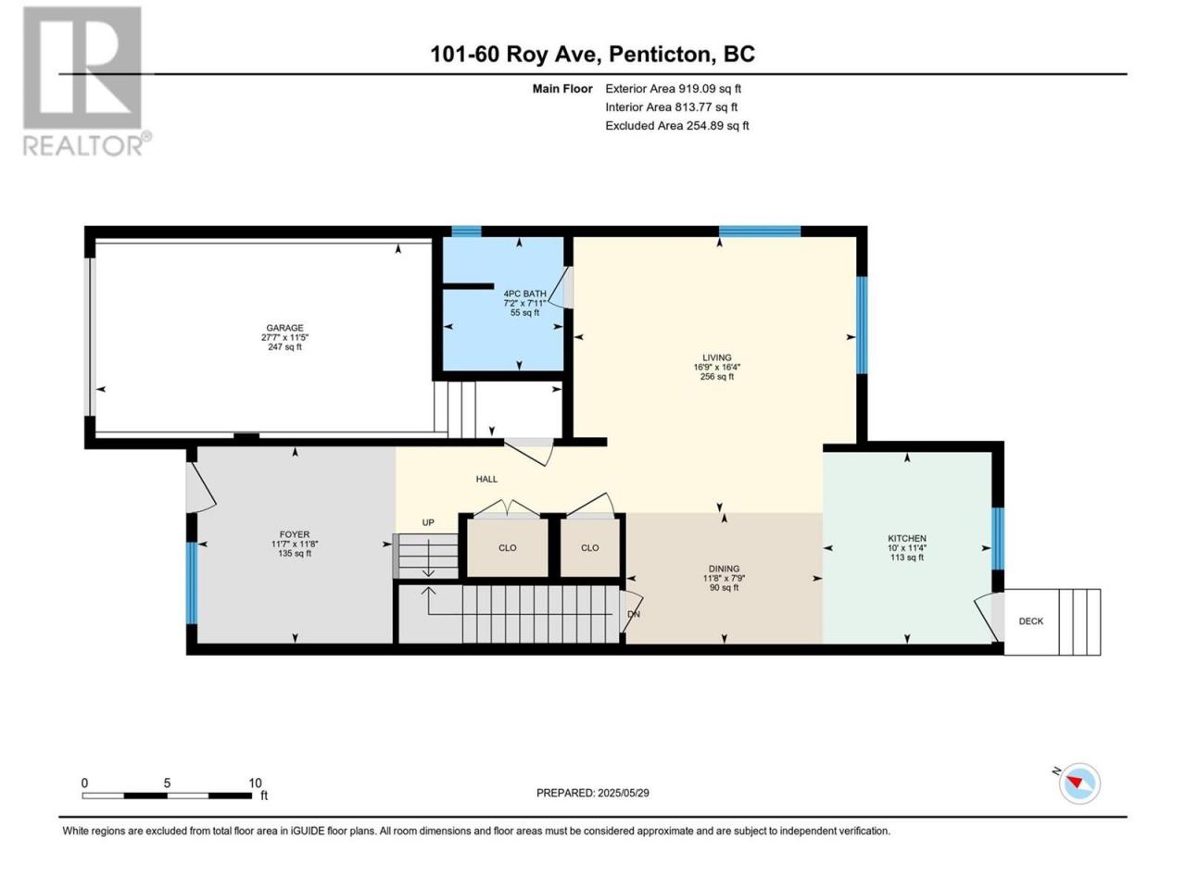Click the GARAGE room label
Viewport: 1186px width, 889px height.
(x=284, y=328)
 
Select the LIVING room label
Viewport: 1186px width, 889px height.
(x=717, y=357)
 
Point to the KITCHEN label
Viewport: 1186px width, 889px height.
(x=907, y=538)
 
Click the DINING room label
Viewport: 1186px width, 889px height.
(x=724, y=569)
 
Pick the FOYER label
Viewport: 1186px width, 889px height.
(x=295, y=534)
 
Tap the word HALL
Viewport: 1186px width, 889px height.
(x=486, y=479)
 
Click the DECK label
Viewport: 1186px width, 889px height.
(x=1031, y=621)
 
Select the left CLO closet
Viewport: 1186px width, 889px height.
(x=508, y=548)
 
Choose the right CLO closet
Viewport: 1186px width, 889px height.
(x=590, y=548)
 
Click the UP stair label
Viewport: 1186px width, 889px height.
(x=428, y=522)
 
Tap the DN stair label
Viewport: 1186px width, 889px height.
(x=634, y=614)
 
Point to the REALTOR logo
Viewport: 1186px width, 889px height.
(x=86, y=81)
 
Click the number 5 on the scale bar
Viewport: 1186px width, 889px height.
(x=167, y=783)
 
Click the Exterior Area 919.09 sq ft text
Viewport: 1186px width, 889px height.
(x=674, y=89)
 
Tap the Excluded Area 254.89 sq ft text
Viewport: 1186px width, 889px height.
(x=677, y=126)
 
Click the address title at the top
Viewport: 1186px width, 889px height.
(x=593, y=55)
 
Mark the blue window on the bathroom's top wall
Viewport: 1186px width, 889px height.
(x=466, y=232)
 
